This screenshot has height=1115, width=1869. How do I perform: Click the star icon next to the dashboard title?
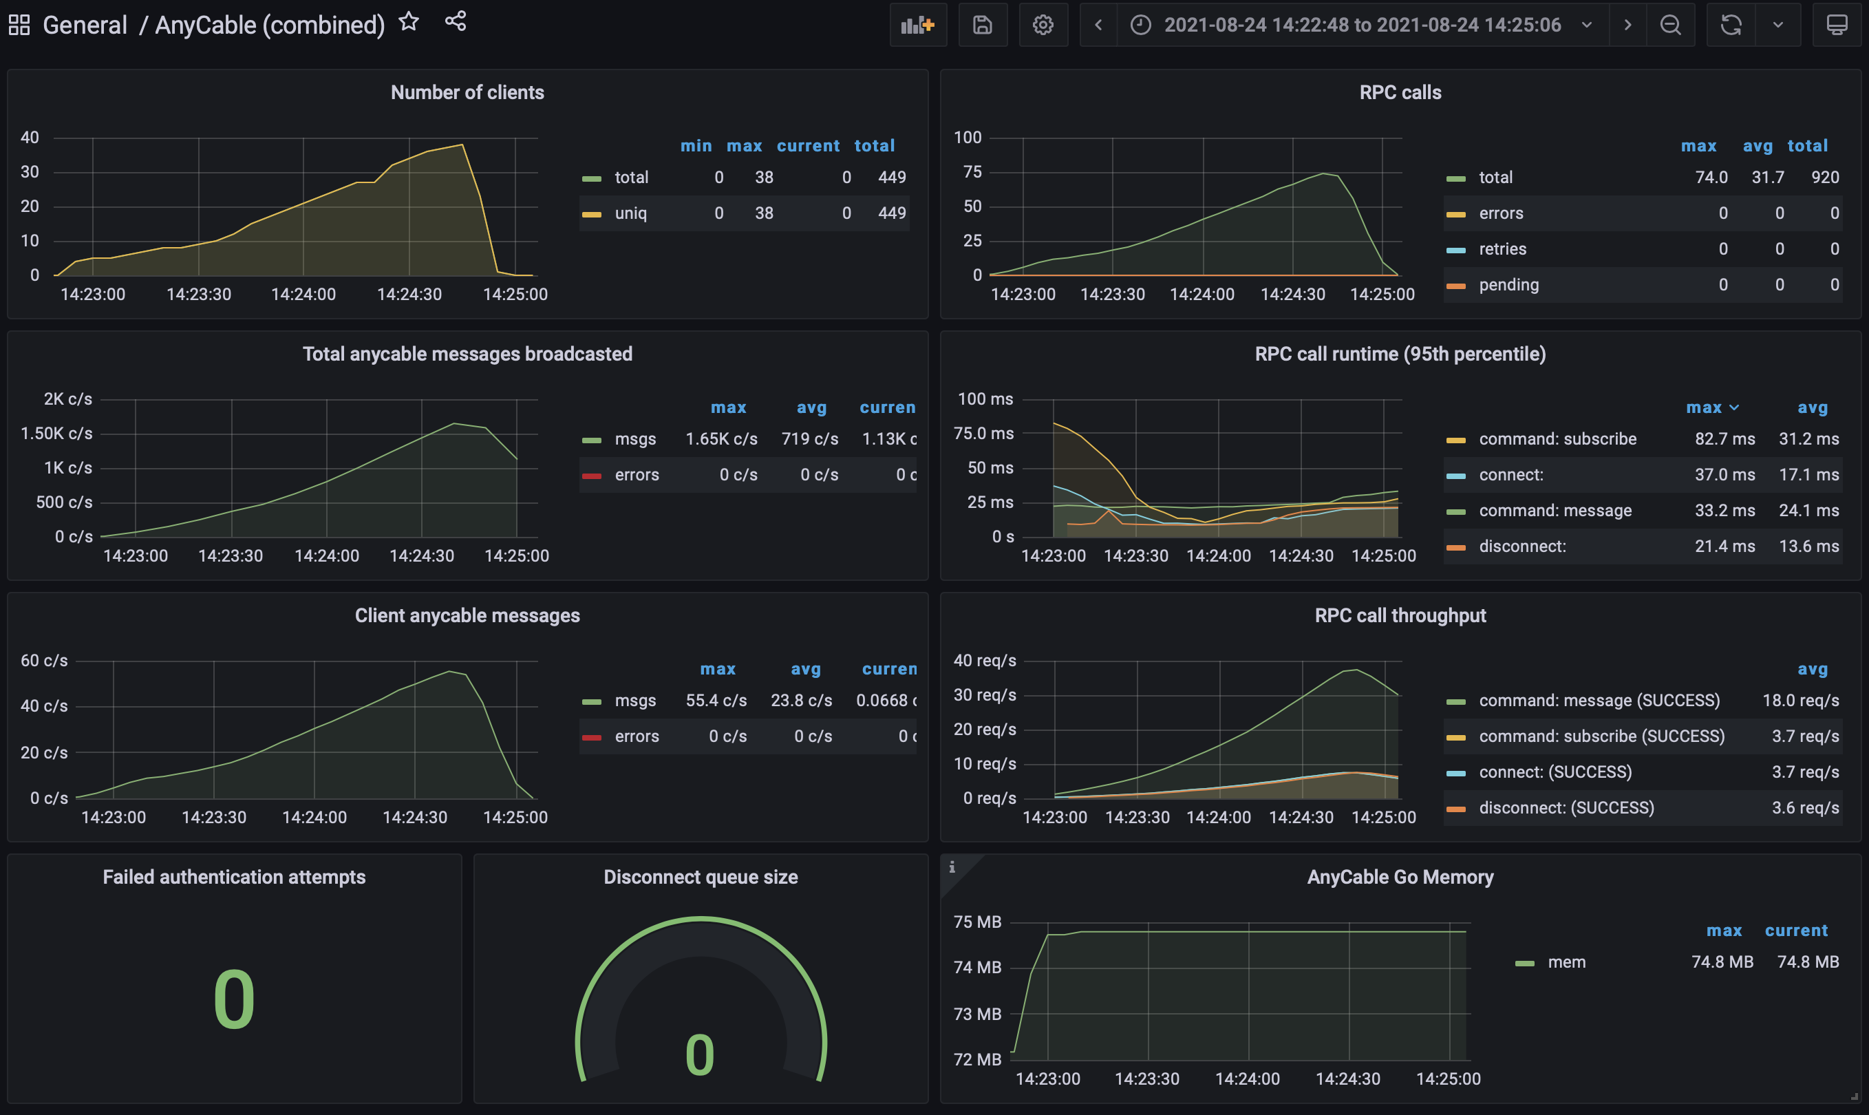[x=409, y=22]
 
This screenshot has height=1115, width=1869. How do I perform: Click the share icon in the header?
[x=456, y=22]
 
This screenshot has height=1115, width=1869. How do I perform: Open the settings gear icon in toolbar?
[x=1043, y=25]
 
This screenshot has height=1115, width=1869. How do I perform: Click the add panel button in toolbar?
[x=917, y=25]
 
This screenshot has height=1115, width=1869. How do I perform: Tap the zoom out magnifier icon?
[x=1670, y=25]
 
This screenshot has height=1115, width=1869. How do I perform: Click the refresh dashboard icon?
[x=1731, y=25]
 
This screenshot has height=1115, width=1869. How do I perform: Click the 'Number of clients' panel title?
[x=467, y=92]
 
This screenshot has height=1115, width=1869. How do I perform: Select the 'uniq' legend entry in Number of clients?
[x=630, y=213]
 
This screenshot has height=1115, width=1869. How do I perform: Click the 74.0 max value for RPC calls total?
[x=1711, y=178]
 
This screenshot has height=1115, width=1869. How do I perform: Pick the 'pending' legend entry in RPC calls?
[x=1508, y=285]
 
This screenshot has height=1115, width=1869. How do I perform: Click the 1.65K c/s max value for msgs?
[x=721, y=439]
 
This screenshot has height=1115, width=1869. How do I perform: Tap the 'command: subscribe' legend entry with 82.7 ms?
[x=1557, y=439]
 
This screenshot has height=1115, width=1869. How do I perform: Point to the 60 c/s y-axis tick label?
[x=44, y=661]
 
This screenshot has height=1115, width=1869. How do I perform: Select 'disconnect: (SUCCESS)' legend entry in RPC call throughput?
[x=1566, y=808]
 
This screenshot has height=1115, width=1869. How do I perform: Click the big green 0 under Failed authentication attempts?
[x=234, y=999]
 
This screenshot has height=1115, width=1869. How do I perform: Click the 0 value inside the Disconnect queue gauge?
[x=699, y=1055]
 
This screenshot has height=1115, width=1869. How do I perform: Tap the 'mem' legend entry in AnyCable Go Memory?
[x=1566, y=962]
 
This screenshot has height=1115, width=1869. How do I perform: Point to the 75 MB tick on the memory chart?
[x=976, y=922]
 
